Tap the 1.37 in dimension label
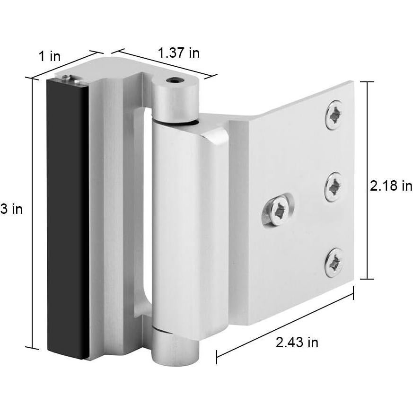click(178, 53)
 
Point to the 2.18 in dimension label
click(391, 186)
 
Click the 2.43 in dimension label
click(297, 343)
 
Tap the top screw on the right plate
click(334, 115)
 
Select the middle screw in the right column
click(334, 186)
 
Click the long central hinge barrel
click(189, 227)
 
